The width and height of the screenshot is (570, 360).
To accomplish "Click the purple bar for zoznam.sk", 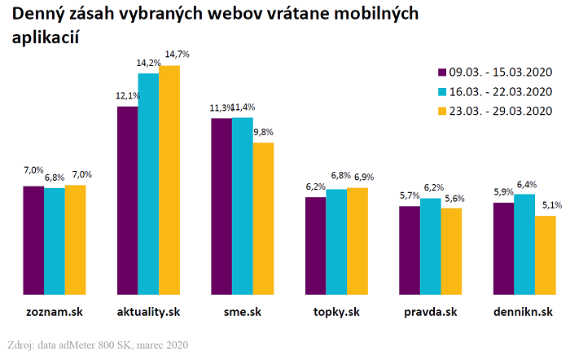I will [x=33, y=239].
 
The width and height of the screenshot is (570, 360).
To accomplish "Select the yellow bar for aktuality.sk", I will [x=169, y=179].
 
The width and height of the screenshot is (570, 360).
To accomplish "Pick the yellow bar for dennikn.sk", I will [x=546, y=254].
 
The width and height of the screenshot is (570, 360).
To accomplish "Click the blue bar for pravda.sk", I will [x=431, y=245].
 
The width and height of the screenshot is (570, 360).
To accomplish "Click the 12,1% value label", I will [x=128, y=95].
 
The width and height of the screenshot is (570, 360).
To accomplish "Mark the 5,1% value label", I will [x=546, y=205].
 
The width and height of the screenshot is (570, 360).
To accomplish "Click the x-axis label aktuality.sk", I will [x=148, y=313].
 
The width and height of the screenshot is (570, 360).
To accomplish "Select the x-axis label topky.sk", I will [x=336, y=313].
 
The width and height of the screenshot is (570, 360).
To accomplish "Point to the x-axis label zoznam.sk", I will [x=54, y=313].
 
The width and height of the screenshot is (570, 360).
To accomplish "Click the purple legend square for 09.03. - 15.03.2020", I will [x=443, y=72].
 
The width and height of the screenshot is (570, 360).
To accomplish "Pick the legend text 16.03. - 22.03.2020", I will [x=502, y=91].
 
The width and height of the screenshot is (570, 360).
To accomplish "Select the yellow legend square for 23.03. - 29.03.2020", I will [x=443, y=111].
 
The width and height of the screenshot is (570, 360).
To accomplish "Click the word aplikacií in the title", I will [x=50, y=39].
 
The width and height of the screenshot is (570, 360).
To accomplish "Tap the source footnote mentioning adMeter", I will [x=98, y=345].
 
